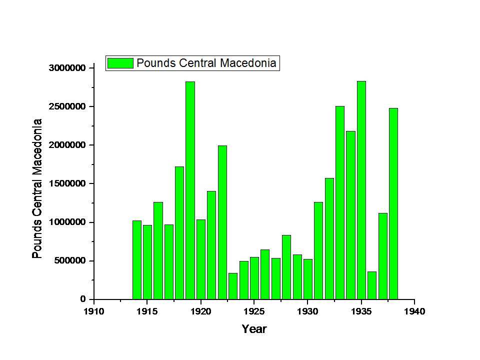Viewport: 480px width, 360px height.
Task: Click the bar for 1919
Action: [190, 190]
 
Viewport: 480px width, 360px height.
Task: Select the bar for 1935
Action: [361, 190]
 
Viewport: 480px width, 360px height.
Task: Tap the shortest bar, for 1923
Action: [233, 286]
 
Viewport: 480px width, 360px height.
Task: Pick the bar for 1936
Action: [372, 285]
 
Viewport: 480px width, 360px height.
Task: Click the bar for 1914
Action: [137, 260]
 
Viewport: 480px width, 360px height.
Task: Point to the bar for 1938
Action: [393, 203]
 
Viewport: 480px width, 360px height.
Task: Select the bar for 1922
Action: [222, 222]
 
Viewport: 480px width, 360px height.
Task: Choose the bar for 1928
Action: [286, 267]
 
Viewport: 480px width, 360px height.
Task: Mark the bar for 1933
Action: [340, 202]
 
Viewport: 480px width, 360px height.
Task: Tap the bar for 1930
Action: [308, 279]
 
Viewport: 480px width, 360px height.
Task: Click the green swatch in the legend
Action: [120, 63]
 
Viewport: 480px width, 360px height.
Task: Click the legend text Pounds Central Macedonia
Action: [206, 63]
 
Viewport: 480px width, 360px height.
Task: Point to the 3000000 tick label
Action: [67, 68]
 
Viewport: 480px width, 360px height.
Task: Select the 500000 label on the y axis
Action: [70, 261]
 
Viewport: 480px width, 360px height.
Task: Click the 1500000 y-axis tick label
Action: [67, 183]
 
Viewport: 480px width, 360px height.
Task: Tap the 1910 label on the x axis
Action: [94, 311]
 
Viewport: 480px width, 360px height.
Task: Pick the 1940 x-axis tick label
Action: [414, 311]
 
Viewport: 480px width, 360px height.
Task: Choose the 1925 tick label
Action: [254, 311]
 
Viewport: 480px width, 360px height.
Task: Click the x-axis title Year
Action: [254, 329]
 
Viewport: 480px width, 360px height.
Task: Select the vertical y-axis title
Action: [37, 188]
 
